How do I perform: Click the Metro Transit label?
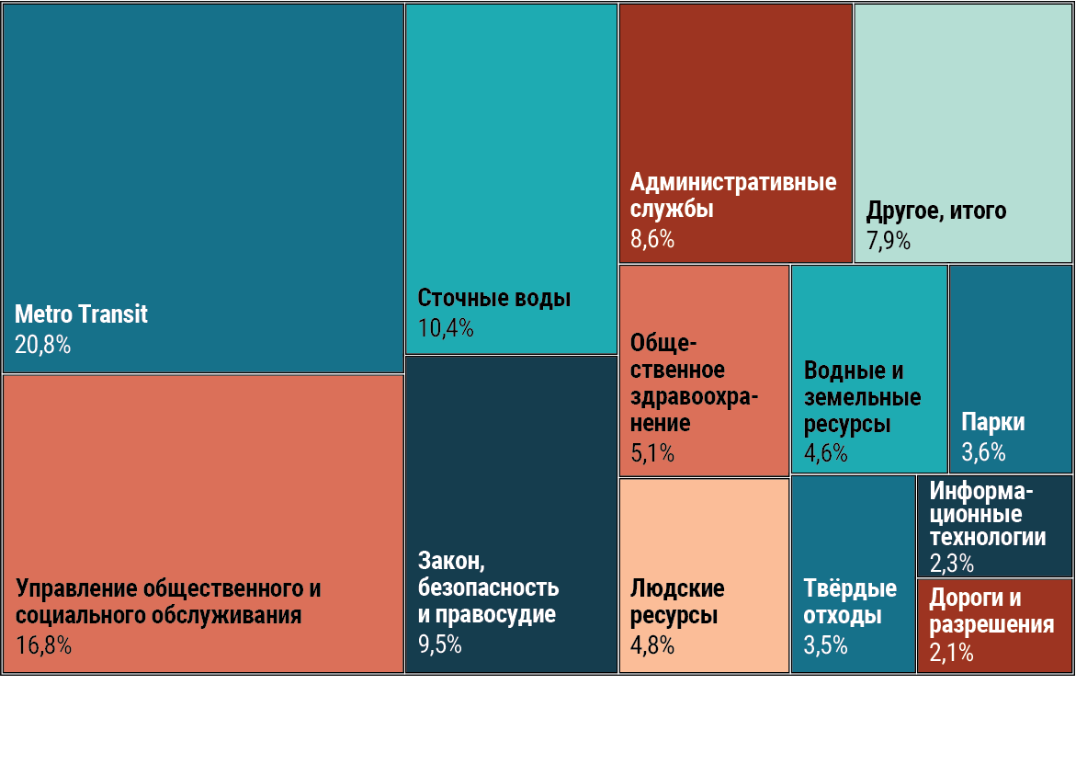(81, 314)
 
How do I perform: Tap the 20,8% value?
(42, 346)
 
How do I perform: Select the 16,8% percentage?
(43, 645)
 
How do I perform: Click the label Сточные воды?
(494, 299)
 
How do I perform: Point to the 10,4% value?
(446, 328)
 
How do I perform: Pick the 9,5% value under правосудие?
(440, 645)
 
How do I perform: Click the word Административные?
(733, 182)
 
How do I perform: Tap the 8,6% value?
(652, 240)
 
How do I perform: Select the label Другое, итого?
(936, 211)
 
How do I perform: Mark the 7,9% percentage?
(889, 241)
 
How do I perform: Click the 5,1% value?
(652, 453)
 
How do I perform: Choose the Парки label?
(993, 423)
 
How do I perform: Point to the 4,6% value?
(826, 453)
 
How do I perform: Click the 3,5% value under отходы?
(826, 645)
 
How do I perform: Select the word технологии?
(988, 538)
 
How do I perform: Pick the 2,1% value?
(951, 654)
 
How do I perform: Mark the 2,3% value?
(951, 564)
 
